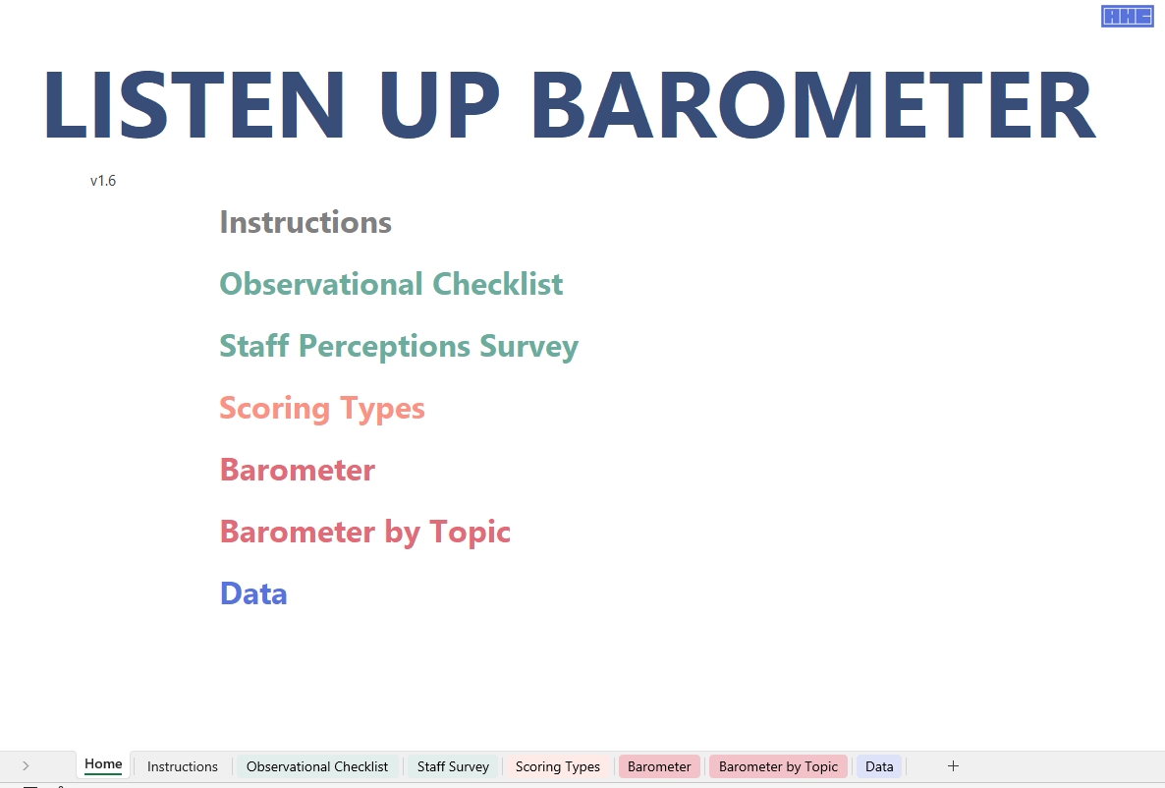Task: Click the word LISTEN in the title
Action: point(194,104)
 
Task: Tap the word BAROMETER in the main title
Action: point(813,104)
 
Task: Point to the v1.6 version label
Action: point(103,181)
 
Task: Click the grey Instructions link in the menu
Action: point(305,222)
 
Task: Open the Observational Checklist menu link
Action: point(392,284)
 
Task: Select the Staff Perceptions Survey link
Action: point(399,347)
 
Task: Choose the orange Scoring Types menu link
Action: point(322,409)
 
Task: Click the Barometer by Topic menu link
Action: point(364,533)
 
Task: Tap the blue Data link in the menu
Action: point(253,594)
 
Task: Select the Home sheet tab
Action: point(103,764)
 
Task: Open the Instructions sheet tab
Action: point(183,766)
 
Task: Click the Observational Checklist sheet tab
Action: point(317,766)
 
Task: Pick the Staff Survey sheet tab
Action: point(453,766)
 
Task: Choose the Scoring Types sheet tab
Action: point(558,766)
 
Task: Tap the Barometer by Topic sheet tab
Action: point(778,766)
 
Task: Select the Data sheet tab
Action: point(879,766)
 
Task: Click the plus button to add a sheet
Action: point(953,765)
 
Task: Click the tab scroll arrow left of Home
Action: point(26,765)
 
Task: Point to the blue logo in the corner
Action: point(1127,16)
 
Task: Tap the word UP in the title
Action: point(439,104)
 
